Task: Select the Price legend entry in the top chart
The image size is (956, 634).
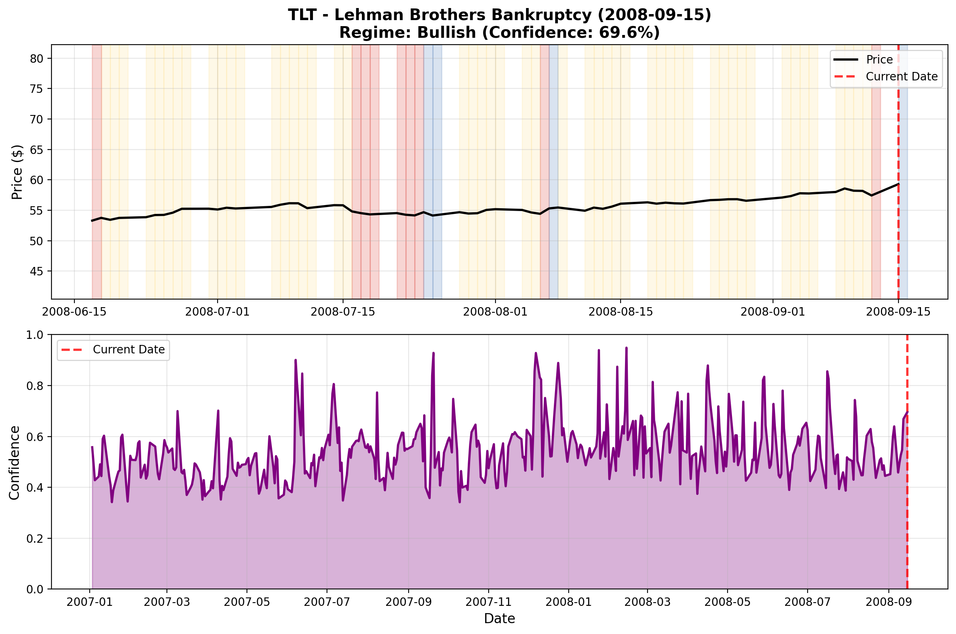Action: point(879,60)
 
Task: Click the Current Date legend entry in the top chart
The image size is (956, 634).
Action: point(901,77)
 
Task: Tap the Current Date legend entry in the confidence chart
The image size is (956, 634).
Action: point(129,350)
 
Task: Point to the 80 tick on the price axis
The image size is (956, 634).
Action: point(37,59)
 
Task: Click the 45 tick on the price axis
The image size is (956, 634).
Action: point(37,271)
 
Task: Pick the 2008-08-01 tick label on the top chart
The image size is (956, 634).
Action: point(495,312)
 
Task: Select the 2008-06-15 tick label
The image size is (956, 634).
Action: point(74,312)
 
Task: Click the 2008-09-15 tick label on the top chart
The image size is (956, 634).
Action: point(898,312)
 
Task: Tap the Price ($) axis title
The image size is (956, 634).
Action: point(17,172)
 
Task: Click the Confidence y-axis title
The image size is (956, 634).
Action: point(14,463)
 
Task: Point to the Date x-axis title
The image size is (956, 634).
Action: point(499,619)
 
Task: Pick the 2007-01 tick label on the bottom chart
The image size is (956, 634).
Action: point(89,602)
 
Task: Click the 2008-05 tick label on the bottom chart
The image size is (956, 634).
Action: point(727,602)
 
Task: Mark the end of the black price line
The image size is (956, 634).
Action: point(898,184)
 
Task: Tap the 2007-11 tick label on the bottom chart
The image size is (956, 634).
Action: point(489,602)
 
